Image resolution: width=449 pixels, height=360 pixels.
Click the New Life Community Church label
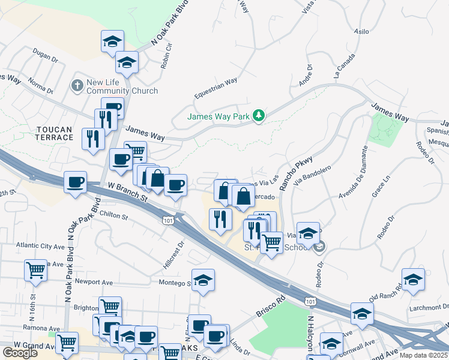(122, 86)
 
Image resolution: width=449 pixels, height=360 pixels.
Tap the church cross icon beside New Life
(77, 86)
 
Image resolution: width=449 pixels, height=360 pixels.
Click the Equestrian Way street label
(215, 89)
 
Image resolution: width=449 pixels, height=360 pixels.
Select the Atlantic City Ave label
(40, 246)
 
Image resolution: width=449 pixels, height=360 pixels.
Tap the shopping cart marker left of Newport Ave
(36, 270)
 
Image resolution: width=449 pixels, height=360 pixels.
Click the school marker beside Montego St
(203, 280)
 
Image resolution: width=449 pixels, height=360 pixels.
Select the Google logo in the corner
(20, 353)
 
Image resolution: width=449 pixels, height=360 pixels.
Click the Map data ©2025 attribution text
(423, 355)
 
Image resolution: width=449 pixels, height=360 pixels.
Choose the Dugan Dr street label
(46, 59)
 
